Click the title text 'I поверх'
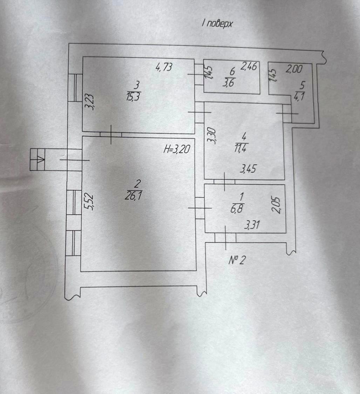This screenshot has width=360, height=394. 217,23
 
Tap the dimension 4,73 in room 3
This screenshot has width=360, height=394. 164,67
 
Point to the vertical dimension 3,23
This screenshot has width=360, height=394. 90,102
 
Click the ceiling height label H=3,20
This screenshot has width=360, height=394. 177,149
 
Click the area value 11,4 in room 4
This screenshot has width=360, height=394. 240,148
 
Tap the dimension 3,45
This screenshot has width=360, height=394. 248,169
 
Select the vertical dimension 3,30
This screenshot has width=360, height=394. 211,136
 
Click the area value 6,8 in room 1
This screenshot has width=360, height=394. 237,209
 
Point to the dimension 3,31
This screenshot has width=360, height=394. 252,225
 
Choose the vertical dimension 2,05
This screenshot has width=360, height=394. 276,205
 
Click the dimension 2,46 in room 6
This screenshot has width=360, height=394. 249,66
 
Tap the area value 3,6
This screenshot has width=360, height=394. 229,83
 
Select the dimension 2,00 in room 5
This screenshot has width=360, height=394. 294,69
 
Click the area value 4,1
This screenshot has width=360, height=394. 300,97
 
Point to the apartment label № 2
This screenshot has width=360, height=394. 237,260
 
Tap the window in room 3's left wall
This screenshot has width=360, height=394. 75,88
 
